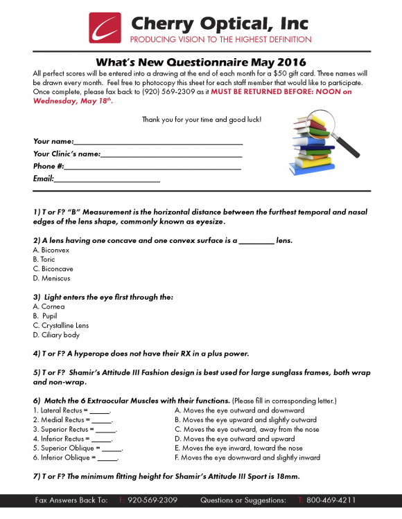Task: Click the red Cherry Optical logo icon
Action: [x=105, y=28]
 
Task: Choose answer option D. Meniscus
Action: [x=51, y=278]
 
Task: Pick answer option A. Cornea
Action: [x=49, y=307]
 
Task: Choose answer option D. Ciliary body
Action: [x=56, y=335]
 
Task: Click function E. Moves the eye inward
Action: [x=238, y=448]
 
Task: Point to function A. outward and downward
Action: [x=238, y=410]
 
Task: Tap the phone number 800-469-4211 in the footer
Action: [x=330, y=500]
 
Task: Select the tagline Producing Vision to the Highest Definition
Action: [x=220, y=39]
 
